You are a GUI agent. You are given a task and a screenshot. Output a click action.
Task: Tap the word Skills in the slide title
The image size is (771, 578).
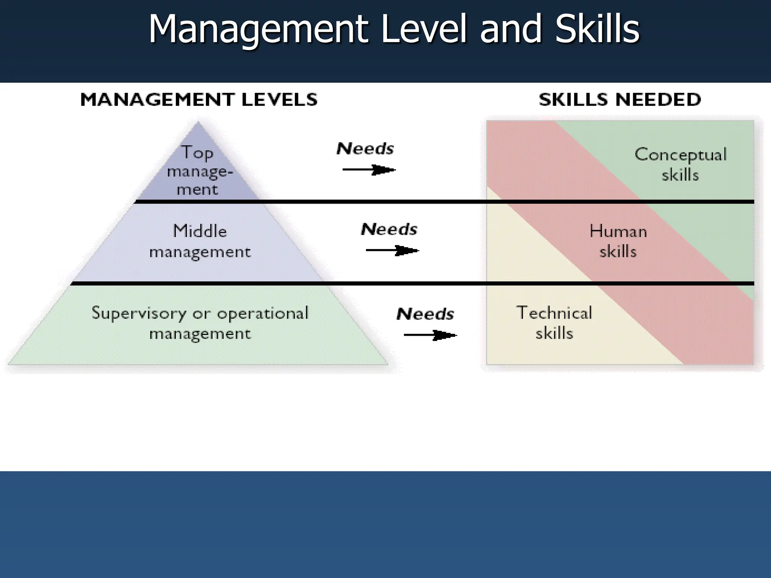click(x=597, y=29)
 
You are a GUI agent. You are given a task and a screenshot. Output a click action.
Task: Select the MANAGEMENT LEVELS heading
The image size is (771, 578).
click(x=199, y=100)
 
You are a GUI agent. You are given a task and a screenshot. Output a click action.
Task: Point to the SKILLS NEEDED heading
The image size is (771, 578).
click(x=620, y=100)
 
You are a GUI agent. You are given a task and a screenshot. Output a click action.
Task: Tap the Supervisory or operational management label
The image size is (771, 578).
click(x=200, y=323)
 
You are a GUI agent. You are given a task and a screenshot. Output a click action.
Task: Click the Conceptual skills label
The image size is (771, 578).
click(x=680, y=164)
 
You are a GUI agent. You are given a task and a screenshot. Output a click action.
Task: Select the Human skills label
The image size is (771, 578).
click(x=618, y=241)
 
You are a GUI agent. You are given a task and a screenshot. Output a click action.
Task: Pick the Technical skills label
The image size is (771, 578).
click(x=554, y=323)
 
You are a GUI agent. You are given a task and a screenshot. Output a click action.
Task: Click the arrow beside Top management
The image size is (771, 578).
click(x=369, y=170)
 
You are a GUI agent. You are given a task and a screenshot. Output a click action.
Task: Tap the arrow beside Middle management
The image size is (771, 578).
click(x=392, y=251)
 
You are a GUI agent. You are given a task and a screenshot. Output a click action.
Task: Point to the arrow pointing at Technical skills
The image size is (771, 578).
click(x=430, y=335)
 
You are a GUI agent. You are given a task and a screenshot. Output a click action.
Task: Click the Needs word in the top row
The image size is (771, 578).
click(x=365, y=149)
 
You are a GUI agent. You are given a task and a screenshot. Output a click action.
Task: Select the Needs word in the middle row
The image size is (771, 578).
click(x=389, y=229)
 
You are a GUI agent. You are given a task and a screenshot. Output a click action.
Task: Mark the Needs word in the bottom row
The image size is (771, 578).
click(x=425, y=314)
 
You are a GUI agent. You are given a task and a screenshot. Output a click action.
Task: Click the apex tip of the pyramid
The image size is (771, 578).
click(x=198, y=123)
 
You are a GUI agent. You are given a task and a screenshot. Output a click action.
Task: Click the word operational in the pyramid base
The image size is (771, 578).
click(x=262, y=313)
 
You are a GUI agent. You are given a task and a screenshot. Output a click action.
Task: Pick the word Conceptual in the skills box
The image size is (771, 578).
click(x=680, y=155)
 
